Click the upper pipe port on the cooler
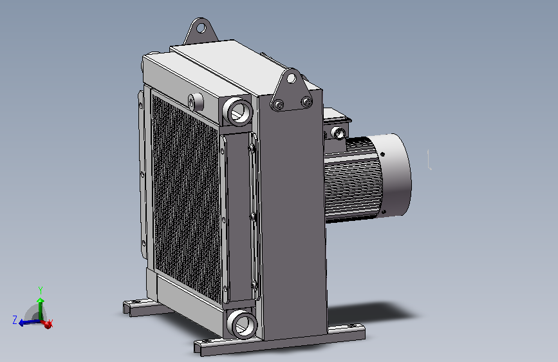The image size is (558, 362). click(x=237, y=111)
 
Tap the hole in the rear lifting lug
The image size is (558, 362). click(x=201, y=28)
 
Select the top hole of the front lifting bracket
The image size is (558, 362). click(x=292, y=78)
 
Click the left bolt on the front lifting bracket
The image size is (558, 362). click(x=279, y=105)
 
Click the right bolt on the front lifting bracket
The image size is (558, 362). click(x=306, y=102)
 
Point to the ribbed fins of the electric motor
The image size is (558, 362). click(x=352, y=180)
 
